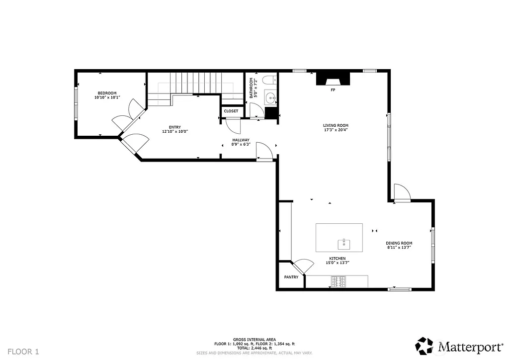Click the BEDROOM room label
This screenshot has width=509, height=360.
tap(107, 93)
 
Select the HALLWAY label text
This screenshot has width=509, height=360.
tap(241, 140)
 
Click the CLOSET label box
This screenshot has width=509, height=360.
tap(231, 111)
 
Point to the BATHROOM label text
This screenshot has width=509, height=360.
tap(252, 88)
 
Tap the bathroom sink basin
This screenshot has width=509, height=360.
tap(270, 96)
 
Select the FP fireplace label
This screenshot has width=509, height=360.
tap(333, 90)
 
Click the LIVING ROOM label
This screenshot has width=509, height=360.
tap(336, 126)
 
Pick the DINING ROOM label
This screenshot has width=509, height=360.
tap(399, 243)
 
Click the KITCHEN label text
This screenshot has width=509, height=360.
tap(337, 259)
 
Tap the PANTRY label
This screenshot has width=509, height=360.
tap(291, 277)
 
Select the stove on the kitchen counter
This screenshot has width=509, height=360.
tap(339, 282)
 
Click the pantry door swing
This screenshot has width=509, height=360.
tap(302, 267)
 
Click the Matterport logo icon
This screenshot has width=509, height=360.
tap(424, 345)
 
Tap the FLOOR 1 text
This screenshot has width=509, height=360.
tap(23, 352)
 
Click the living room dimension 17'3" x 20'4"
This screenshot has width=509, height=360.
tap(336, 131)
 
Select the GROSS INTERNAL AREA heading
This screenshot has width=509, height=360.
tap(254, 339)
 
